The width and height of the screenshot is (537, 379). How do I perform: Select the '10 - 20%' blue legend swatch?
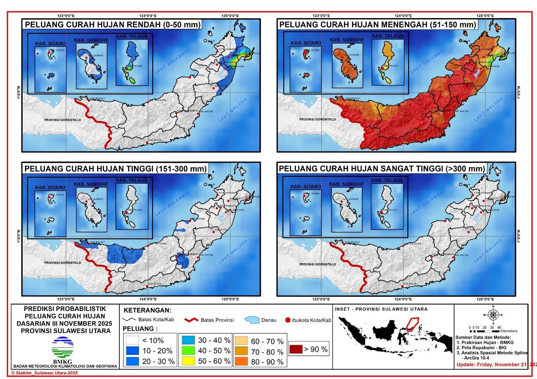click(x=133, y=351)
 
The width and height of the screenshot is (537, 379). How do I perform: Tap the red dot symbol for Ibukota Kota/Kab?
click(x=288, y=320)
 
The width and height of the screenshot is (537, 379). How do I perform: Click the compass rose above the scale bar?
click(x=493, y=315)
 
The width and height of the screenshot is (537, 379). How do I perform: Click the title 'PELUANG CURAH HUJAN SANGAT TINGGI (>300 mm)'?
click(x=382, y=169)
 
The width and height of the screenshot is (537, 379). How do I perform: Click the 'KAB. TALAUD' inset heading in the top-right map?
click(x=387, y=36)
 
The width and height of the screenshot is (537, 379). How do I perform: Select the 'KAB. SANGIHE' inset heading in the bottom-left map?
click(x=91, y=184)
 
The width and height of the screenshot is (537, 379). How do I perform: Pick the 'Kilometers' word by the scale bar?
click(x=508, y=331)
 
